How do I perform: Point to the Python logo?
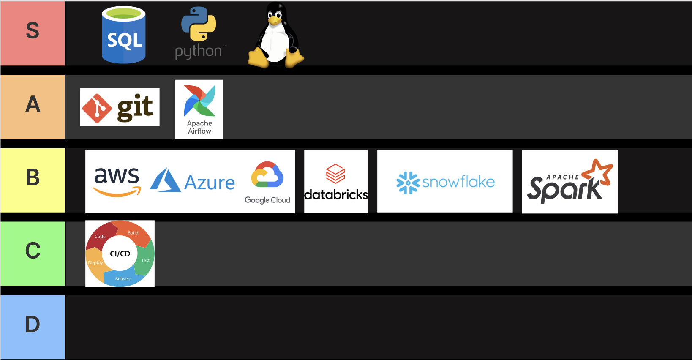pyautogui.click(x=199, y=25)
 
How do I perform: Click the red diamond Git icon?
pyautogui.click(x=97, y=108)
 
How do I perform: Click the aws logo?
pyautogui.click(x=117, y=181)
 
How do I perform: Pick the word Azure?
pyautogui.click(x=210, y=183)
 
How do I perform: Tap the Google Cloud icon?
pyautogui.click(x=267, y=175)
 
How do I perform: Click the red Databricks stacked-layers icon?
pyautogui.click(x=335, y=174)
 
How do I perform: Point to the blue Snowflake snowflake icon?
pyautogui.click(x=408, y=183)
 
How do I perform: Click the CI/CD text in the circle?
pyautogui.click(x=120, y=254)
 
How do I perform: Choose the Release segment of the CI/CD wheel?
pyautogui.click(x=123, y=278)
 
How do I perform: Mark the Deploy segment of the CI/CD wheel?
pyautogui.click(x=95, y=264)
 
